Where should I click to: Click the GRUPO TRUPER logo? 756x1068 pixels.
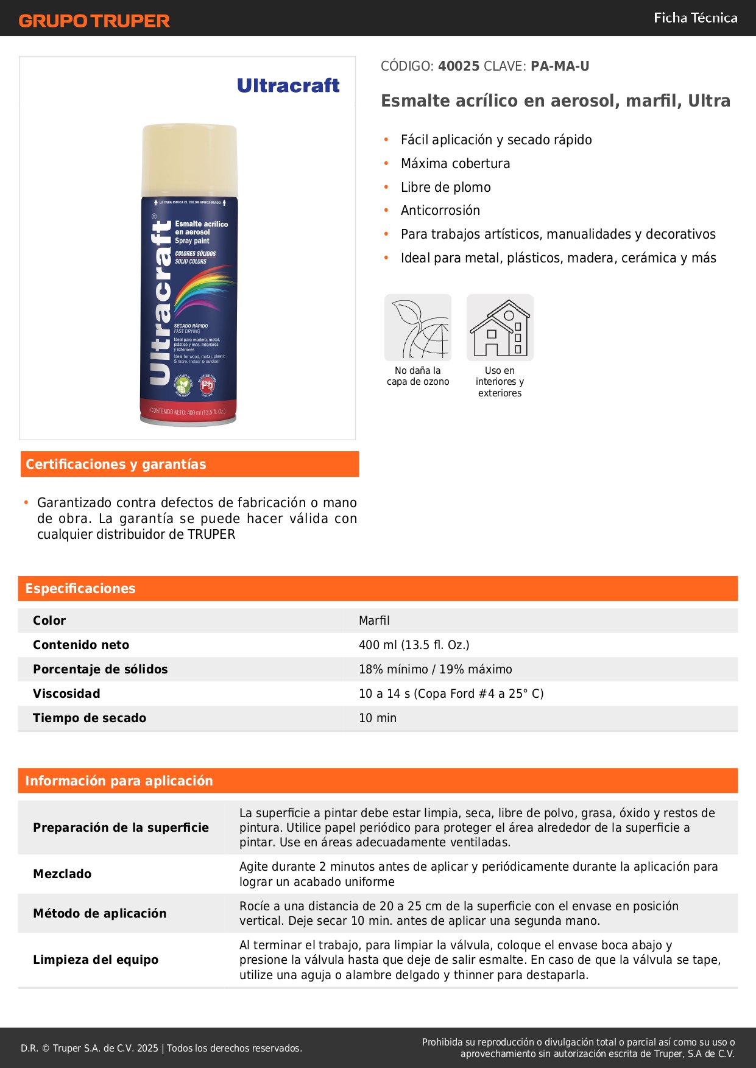(94, 21)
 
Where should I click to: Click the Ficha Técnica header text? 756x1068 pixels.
(695, 18)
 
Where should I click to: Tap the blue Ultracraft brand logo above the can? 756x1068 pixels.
(288, 86)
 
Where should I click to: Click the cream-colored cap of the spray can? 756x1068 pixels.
(189, 160)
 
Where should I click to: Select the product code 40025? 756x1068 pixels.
(459, 66)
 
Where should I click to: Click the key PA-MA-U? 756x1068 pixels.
(560, 66)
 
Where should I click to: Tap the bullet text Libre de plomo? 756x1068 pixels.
(445, 188)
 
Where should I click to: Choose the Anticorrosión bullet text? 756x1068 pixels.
(440, 211)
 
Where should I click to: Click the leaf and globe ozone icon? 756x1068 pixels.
(418, 328)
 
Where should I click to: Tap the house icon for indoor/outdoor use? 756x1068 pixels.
(500, 328)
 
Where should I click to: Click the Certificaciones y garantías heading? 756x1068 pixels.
(116, 465)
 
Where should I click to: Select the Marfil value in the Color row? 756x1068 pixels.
(374, 620)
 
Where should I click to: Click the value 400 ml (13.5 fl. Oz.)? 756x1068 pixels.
(414, 645)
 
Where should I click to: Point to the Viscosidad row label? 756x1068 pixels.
(66, 694)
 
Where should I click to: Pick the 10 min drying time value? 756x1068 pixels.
(377, 718)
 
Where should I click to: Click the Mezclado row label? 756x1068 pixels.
(62, 874)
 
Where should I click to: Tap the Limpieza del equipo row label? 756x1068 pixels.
(96, 960)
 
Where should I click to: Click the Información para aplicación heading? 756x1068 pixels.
(119, 781)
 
